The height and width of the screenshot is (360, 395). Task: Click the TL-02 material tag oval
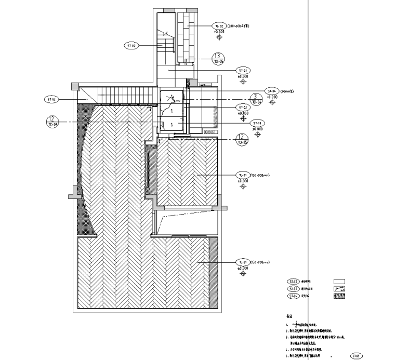pos(219,25)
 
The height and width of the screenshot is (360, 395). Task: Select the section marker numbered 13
pos(218,58)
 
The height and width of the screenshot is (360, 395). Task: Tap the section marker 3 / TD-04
pos(255,99)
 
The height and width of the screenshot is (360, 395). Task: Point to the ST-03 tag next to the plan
pos(258,123)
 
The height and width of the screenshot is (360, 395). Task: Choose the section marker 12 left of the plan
pos(51,121)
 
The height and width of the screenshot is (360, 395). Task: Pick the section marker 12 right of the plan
pos(242,139)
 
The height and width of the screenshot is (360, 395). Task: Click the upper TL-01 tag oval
pos(243,176)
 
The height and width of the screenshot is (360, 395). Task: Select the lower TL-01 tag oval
pos(243,262)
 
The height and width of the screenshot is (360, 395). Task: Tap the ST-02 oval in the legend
pos(294,281)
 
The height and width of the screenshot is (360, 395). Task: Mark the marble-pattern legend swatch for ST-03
pos(339,288)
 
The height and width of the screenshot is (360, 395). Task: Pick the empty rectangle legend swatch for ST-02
pos(339,281)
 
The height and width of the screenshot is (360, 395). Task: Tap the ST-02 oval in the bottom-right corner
pos(356,356)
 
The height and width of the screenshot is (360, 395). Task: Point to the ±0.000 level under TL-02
pos(219,32)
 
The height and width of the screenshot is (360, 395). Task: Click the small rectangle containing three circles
pos(210,132)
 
